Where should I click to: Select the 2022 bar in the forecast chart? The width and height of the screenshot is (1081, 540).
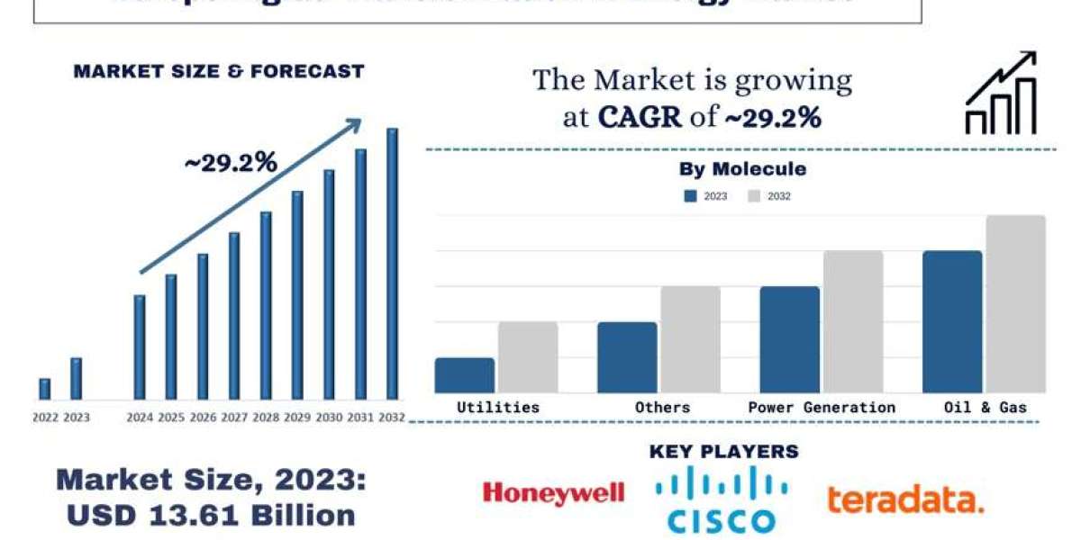pos(45,388)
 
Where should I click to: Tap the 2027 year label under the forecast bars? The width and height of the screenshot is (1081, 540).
pos(234,418)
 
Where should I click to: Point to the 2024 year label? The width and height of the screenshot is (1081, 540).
pos(140,418)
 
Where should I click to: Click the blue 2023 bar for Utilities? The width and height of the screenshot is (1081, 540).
pos(464,375)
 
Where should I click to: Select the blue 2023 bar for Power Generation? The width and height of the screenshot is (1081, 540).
pos(790,339)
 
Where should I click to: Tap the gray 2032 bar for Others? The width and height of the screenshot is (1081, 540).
pos(690,339)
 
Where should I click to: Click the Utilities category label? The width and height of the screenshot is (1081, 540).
pos(498,408)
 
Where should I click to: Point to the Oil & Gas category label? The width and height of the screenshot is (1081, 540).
pos(985,408)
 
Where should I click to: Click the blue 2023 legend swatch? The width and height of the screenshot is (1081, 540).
pos(691,195)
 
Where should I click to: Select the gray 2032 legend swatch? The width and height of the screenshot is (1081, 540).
pos(754,195)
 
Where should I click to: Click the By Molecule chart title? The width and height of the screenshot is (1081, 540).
pos(742,169)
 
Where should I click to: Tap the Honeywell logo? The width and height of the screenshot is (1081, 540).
pos(553,492)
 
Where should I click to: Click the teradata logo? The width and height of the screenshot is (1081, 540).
pos(905,499)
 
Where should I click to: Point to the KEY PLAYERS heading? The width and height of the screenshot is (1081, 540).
pos(723,452)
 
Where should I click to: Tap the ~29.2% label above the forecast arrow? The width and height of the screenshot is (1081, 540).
pos(231,163)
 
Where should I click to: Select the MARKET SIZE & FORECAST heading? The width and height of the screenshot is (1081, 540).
pos(219,71)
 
